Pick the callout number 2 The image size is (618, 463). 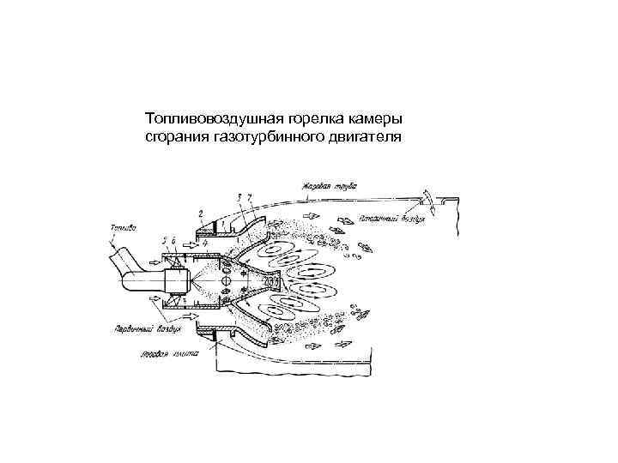pos(200,211)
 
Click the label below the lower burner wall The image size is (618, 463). pos(172,352)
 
